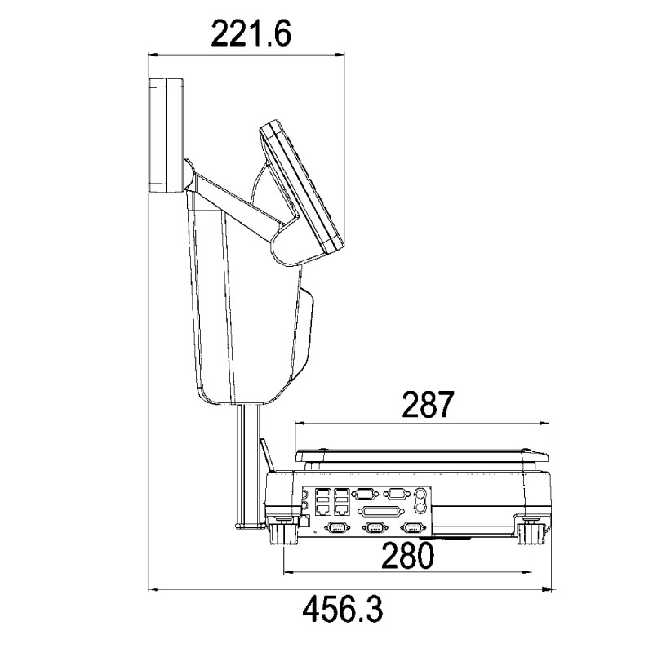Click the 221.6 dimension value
(251, 33)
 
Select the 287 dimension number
(427, 404)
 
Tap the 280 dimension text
(407, 556)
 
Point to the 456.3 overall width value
(342, 609)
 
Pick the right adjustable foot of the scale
(531, 534)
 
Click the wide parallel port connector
(384, 511)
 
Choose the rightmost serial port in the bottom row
(413, 528)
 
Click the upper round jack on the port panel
(420, 495)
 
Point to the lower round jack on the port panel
(420, 508)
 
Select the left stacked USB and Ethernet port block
(322, 501)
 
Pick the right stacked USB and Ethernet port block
(342, 501)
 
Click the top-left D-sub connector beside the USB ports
(365, 495)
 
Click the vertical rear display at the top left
(167, 135)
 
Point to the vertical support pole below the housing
(250, 465)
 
